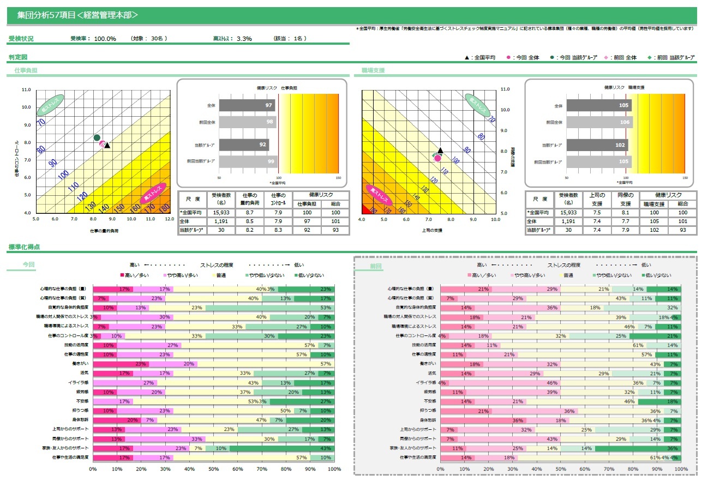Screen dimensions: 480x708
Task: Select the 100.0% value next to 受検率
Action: coord(105,39)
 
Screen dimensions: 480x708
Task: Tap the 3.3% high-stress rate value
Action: coord(244,39)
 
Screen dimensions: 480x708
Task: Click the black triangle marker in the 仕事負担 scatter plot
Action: coord(107,145)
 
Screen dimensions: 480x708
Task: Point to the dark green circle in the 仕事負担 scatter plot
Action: coord(97,137)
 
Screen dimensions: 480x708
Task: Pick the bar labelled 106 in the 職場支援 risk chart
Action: coord(598,122)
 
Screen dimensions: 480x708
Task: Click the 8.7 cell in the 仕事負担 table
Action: coord(249,212)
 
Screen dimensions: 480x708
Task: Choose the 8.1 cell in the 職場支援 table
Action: coord(625,212)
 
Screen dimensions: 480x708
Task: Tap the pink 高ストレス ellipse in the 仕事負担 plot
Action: coord(153,194)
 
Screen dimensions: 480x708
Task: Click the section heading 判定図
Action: coord(18,57)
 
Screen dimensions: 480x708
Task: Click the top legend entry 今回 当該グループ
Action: coord(577,57)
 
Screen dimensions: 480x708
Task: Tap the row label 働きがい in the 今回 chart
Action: coord(81,364)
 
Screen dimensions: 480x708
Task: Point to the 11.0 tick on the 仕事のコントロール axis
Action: coord(26,89)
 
